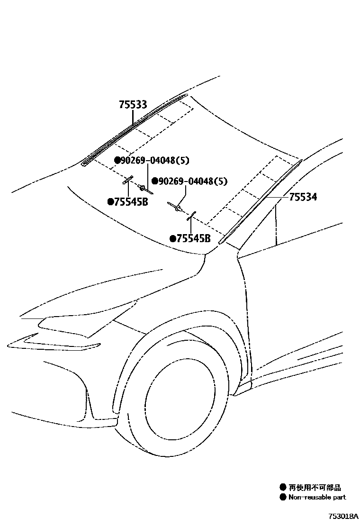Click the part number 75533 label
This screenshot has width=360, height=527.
[x=133, y=105]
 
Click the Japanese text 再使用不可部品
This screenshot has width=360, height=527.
[x=315, y=487]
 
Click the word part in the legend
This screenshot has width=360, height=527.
[x=339, y=497]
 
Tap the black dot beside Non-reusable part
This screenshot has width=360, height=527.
[x=283, y=497]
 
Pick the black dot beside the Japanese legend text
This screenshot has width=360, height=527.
[x=283, y=487]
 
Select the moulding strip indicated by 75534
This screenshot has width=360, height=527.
[x=261, y=201]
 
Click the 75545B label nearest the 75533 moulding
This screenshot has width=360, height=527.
[x=131, y=202]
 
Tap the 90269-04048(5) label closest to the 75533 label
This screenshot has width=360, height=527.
[x=154, y=161]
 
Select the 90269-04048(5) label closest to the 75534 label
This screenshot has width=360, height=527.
[x=192, y=181]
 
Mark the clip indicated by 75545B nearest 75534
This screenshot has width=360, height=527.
[x=191, y=217]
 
